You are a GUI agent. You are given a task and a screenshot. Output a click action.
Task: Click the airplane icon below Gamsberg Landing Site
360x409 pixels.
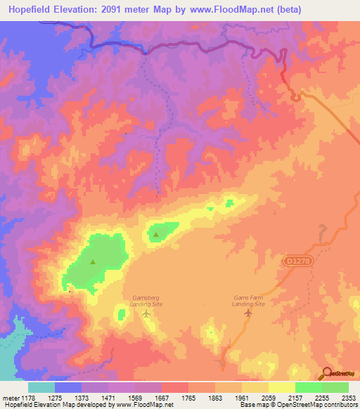146,313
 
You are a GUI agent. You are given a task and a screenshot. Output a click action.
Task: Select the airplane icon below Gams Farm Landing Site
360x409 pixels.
247,313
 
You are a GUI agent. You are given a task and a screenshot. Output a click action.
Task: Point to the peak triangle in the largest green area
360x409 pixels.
93,261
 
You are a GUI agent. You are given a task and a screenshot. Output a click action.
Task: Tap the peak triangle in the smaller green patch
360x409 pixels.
155,235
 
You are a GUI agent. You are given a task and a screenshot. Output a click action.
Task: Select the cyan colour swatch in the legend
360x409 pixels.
41,387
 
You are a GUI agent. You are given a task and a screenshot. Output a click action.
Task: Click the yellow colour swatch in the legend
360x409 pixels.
282,387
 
